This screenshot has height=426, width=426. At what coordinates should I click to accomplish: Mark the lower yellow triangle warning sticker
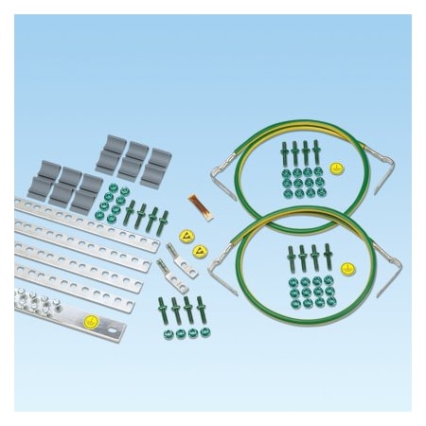[x=200, y=253]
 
